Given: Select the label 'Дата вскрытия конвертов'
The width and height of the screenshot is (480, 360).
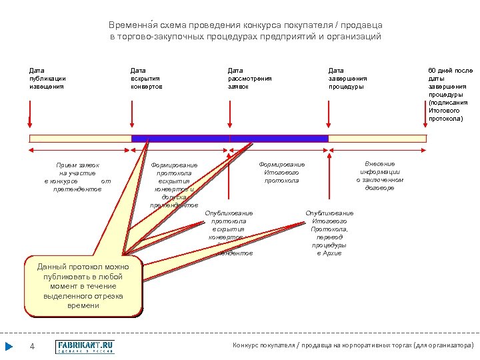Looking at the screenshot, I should point(147,78).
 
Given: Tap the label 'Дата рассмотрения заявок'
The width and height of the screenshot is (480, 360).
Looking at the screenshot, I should point(249,78).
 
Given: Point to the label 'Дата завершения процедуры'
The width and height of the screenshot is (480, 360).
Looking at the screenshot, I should point(347,78).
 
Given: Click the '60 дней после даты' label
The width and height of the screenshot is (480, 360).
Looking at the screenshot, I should point(449,94).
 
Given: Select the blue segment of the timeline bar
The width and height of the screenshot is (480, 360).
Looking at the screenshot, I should point(229,139).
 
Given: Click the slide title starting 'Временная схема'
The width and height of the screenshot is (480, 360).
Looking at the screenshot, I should point(245,31).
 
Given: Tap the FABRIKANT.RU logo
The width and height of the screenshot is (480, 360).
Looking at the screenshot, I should point(85,347).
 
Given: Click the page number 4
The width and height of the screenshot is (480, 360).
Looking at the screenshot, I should point(32,347).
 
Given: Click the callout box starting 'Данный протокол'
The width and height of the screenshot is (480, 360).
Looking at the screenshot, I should point(84,285).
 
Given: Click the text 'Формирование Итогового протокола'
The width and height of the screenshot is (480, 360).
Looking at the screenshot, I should point(281,172).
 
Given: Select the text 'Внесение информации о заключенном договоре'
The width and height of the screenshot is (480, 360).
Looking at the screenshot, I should point(379,175).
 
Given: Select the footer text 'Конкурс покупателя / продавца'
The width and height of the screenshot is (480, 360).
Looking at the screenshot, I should point(353,345).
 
